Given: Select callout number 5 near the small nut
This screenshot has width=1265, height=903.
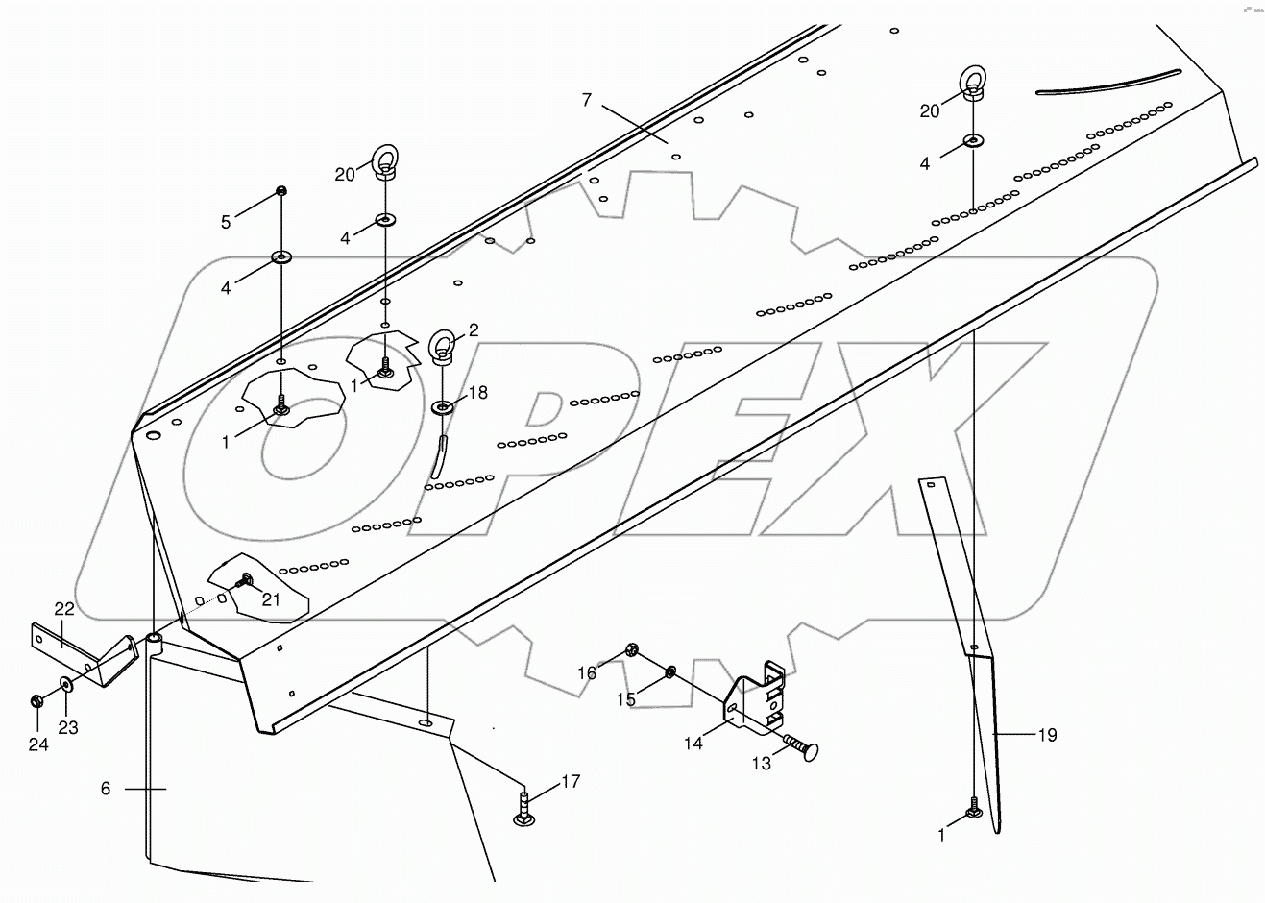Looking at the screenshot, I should tap(226, 222).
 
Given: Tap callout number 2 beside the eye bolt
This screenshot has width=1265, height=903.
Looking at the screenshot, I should tap(474, 329).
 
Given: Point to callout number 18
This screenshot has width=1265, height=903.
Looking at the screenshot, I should tap(477, 393).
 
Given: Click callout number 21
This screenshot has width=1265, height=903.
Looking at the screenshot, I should tap(271, 599).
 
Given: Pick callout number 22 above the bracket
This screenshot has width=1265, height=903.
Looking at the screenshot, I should tap(64, 609).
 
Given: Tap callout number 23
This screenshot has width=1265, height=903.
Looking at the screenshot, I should tap(67, 727).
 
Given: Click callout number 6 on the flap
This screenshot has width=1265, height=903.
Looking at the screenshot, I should tap(106, 789).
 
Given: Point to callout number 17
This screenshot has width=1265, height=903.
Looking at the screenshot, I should tap(571, 782).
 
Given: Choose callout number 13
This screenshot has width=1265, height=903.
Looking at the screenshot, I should tap(761, 764).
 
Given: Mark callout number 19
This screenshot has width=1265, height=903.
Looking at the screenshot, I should tap(1047, 735).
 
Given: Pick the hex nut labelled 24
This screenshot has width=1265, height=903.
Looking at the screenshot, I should tap(35, 700).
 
